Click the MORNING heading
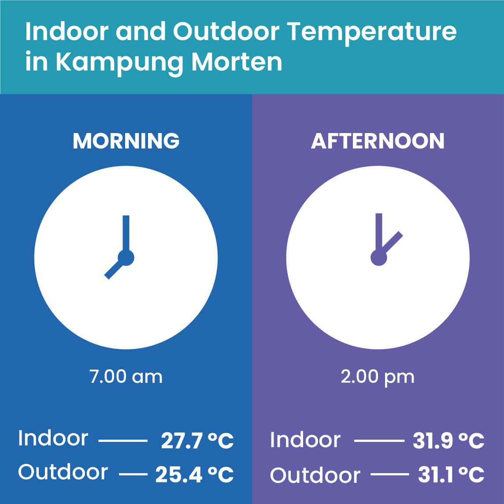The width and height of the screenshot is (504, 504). click(x=126, y=141)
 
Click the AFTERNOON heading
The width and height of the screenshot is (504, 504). click(x=378, y=141)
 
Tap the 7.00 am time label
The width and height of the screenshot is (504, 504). click(x=126, y=376)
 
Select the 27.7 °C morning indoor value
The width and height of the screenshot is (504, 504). click(x=197, y=441)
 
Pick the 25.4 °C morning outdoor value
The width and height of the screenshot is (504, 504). click(x=194, y=474)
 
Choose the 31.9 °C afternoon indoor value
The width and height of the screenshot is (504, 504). click(x=449, y=441)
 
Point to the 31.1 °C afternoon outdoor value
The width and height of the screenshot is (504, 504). click(x=451, y=474)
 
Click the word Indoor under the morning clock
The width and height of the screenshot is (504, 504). click(x=53, y=438)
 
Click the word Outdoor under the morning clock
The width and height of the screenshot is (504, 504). click(x=63, y=471)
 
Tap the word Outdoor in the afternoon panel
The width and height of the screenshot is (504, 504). click(x=315, y=475)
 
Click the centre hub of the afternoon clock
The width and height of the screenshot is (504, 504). click(x=378, y=258)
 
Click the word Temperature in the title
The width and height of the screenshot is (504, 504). click(x=371, y=32)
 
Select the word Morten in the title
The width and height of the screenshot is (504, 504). click(x=237, y=62)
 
